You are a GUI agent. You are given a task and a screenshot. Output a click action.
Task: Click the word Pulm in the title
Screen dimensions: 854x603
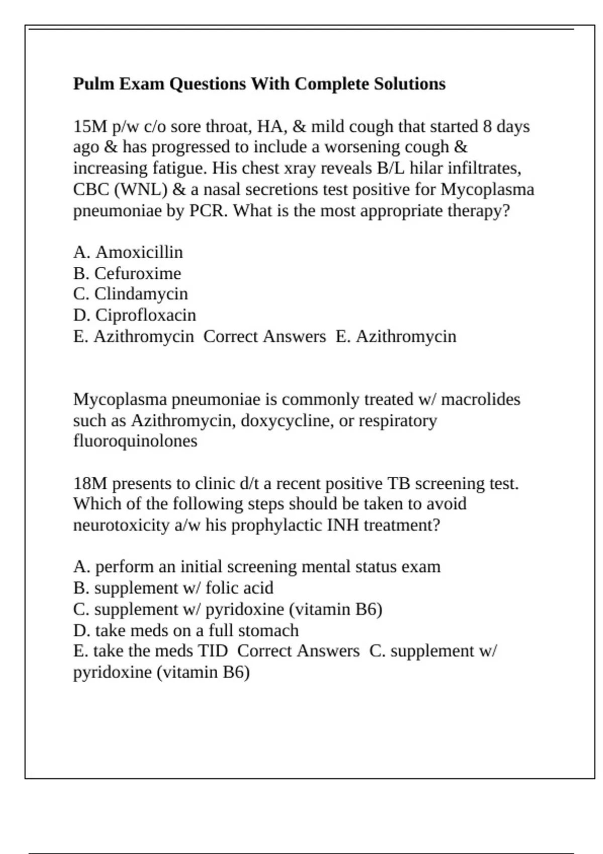94,84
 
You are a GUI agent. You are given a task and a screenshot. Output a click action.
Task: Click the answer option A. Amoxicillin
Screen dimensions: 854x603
128,252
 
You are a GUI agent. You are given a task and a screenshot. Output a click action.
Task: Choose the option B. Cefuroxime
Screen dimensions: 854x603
127,274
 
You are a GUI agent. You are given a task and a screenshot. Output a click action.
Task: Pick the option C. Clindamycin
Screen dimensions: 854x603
131,294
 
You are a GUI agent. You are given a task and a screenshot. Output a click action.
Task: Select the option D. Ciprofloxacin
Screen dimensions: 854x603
135,315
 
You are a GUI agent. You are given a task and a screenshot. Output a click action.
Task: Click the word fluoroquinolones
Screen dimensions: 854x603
135,441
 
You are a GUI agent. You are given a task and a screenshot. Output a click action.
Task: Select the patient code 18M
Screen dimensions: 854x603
90,484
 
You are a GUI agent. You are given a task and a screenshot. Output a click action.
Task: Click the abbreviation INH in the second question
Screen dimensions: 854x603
343,525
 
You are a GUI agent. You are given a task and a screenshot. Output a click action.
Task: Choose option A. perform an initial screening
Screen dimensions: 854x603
257,567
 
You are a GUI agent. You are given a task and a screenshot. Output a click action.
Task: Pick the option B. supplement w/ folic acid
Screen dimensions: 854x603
173,588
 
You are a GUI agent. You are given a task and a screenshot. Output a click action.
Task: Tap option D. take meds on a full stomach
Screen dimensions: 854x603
186,630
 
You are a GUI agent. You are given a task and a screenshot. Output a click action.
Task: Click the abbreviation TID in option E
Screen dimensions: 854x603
213,651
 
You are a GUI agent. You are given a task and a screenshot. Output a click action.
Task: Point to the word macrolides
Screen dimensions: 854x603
480,399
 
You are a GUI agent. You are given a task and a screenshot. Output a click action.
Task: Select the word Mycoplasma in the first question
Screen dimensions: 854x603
487,190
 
